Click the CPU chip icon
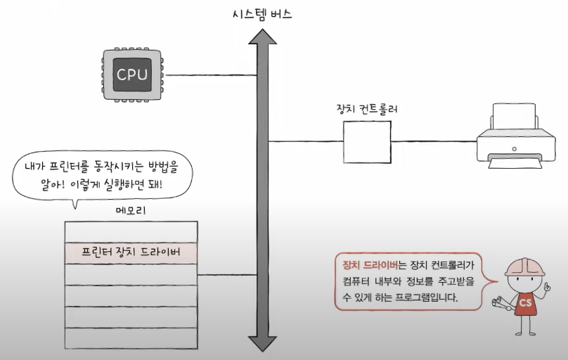point(132,75)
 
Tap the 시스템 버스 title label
point(262,14)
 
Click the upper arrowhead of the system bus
point(263,37)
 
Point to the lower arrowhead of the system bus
point(263,344)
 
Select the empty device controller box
point(368,142)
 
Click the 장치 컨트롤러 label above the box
point(367,109)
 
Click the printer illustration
point(516,136)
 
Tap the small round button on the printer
point(514,149)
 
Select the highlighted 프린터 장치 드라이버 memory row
point(131,253)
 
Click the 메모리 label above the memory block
point(131,210)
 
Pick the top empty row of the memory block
point(131,232)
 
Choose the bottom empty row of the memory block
point(131,338)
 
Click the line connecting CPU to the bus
point(211,75)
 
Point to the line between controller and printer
point(434,141)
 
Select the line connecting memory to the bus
point(228,275)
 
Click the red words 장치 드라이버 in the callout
point(370,265)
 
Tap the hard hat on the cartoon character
point(525,267)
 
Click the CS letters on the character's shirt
point(526,302)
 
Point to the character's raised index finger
point(546,285)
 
